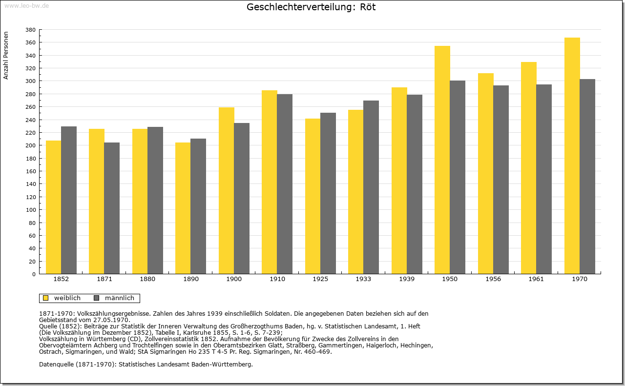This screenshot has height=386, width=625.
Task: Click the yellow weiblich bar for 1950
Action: pos(442,160)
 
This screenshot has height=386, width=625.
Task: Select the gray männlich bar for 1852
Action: pos(69,200)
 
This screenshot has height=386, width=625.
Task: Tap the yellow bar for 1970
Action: pos(572,156)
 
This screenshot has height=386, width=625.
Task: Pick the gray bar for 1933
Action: pos(371,187)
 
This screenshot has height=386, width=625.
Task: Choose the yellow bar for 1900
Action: pos(226,191)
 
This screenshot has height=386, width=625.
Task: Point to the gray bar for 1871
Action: pos(112,208)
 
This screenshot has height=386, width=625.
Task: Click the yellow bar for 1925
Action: pos(313,196)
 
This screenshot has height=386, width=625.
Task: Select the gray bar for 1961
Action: pos(544,179)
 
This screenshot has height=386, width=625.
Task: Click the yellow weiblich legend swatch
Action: pos(46,298)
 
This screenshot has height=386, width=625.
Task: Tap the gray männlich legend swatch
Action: pos(97,298)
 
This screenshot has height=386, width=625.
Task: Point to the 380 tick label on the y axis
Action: pos(30,30)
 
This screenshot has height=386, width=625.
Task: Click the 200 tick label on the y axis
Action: pos(30,145)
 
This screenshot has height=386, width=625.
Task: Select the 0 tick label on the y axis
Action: pos(34,274)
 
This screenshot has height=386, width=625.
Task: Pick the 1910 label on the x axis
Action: pos(277,279)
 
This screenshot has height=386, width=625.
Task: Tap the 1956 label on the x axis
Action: pos(493,279)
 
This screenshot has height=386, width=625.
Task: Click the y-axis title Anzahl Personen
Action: pos(6,56)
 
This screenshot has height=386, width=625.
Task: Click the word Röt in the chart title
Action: pos(368,7)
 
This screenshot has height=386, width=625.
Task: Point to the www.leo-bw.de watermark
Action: pos(26,6)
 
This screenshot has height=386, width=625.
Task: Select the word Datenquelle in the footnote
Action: pos(56,365)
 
